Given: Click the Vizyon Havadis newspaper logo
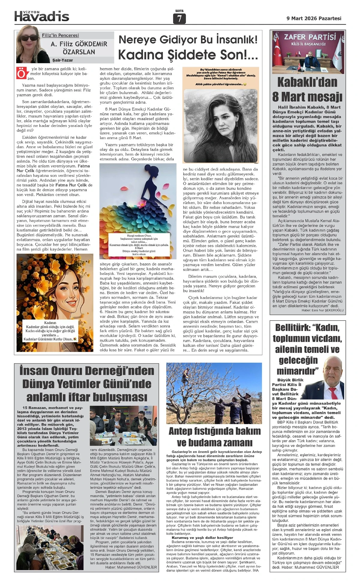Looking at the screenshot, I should click(42, 16).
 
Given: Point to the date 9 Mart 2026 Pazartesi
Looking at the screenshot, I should click(314, 18).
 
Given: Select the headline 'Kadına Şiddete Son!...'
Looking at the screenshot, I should click(188, 55).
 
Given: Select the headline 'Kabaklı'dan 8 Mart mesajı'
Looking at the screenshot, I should click(307, 89).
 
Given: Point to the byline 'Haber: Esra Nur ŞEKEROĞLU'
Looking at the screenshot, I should click(322, 310).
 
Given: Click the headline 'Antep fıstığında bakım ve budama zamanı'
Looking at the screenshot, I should click(214, 437).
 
